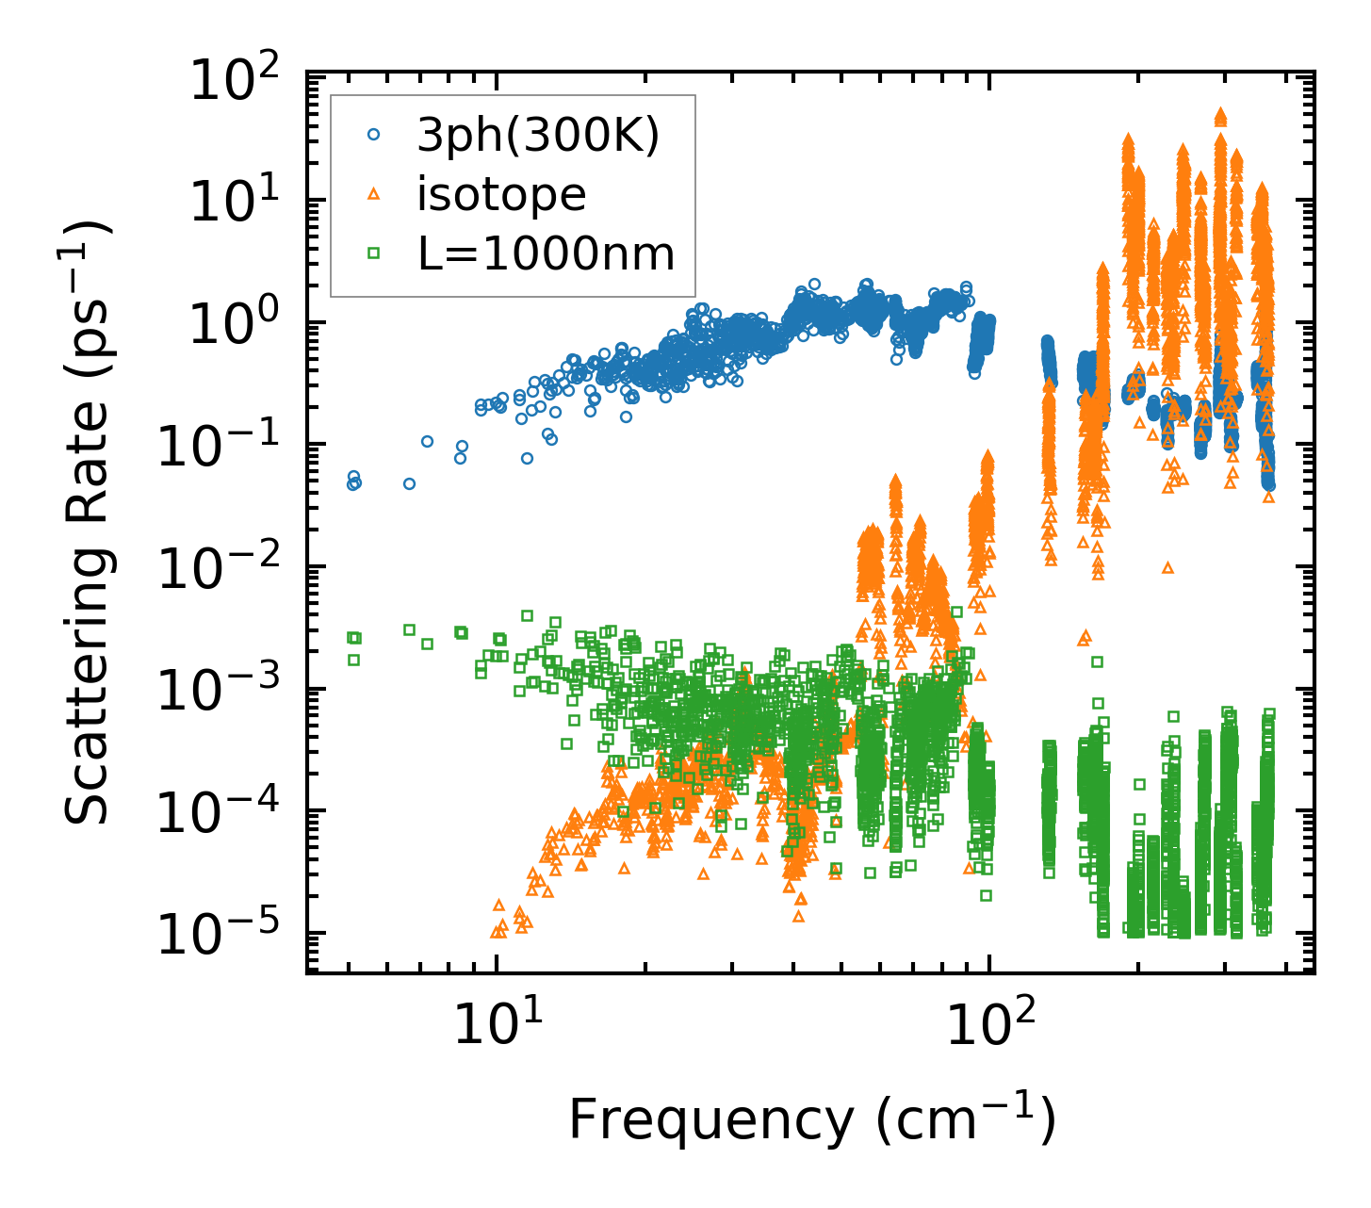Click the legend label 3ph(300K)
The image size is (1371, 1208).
(x=538, y=137)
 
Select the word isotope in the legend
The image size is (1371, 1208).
(x=501, y=195)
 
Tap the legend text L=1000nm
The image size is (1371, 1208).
(x=546, y=253)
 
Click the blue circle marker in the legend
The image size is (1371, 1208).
(x=373, y=136)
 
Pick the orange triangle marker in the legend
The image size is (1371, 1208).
(x=373, y=194)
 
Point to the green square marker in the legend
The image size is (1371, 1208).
(x=373, y=253)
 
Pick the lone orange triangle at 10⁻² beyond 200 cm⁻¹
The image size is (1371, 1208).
(x=1168, y=567)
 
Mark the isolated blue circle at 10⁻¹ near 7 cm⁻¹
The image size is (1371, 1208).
(x=427, y=441)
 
